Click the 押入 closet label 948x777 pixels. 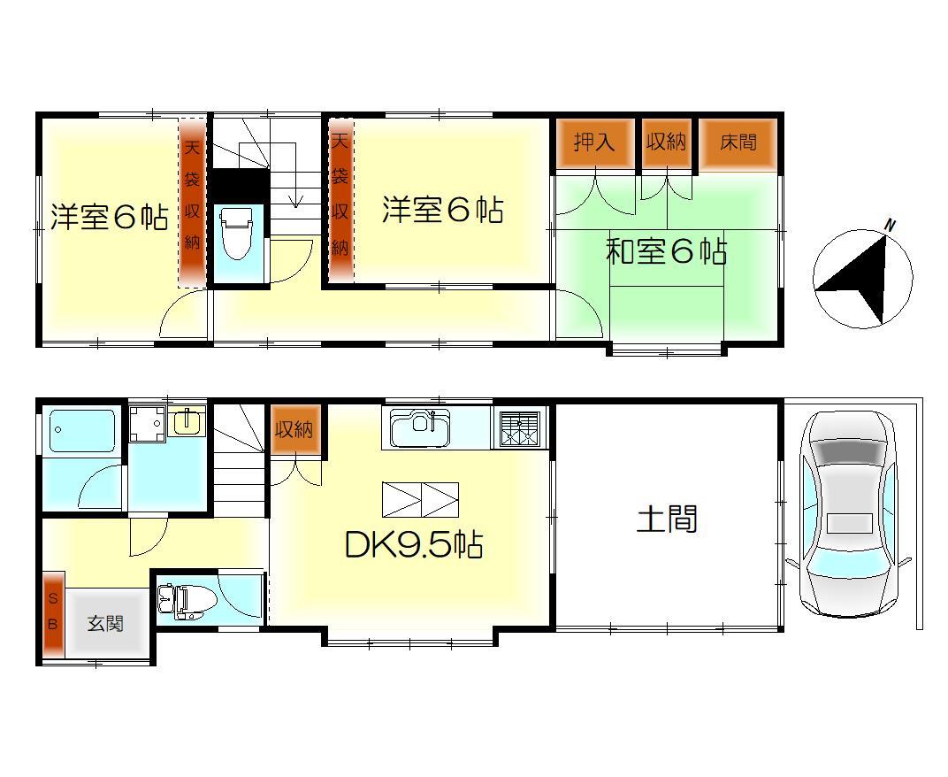click(594, 142)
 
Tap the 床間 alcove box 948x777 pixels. click(738, 142)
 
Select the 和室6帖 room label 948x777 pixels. click(666, 252)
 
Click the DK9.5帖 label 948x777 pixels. click(413, 545)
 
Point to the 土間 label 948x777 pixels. click(668, 519)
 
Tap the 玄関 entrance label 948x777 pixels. click(104, 624)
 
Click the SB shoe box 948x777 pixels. click(52, 614)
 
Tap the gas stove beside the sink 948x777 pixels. click(519, 428)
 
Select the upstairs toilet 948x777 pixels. click(235, 233)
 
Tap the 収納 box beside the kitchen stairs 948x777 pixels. click(293, 431)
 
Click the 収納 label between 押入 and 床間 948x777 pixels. click(666, 142)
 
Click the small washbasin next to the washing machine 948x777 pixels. click(187, 422)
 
